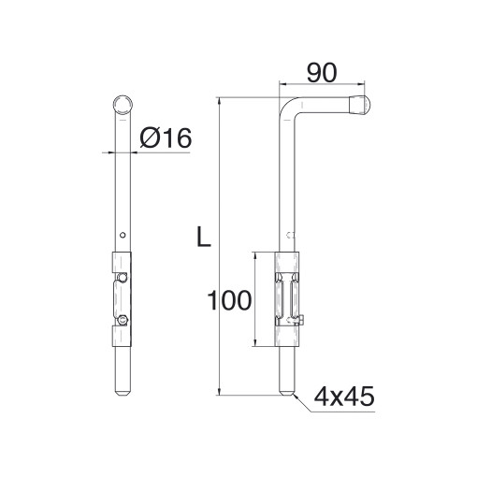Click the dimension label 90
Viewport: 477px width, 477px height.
point(322,73)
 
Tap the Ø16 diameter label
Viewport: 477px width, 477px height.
point(166,137)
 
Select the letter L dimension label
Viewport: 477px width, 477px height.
point(204,237)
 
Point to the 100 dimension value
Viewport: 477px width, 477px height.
point(229,300)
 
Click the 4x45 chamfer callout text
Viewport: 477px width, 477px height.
point(344,397)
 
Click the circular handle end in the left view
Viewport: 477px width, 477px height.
point(123,105)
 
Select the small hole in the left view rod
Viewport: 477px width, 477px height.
point(123,235)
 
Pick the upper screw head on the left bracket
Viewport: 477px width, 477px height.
point(123,277)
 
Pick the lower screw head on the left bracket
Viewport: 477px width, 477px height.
point(123,320)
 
